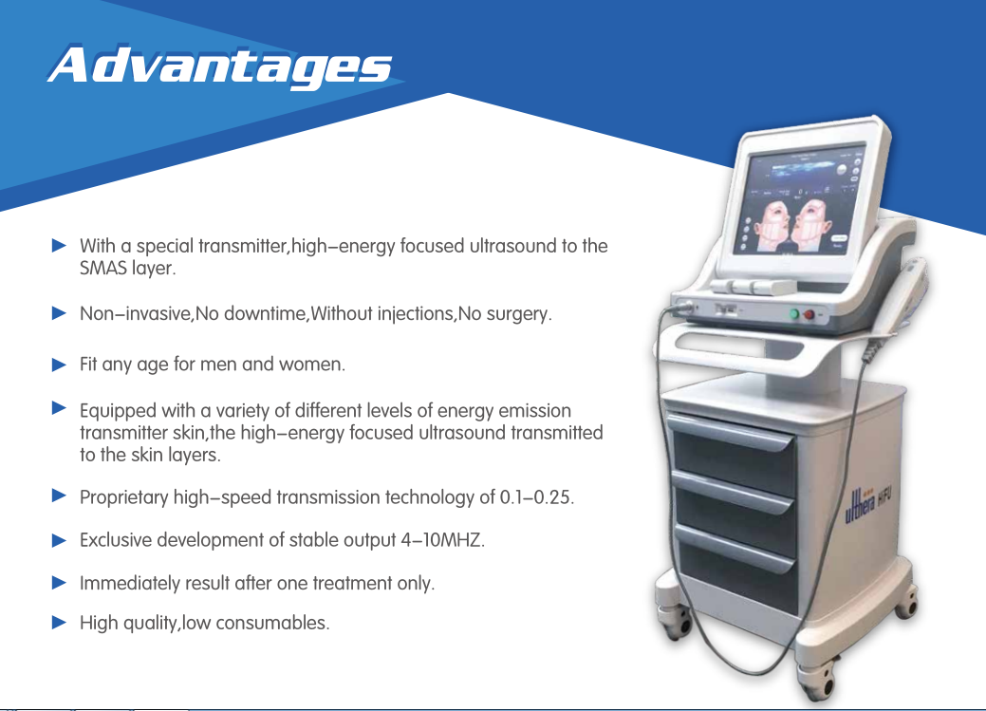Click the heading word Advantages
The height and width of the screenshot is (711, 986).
pos(219,65)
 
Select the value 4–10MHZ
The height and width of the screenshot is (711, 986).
pos(442,540)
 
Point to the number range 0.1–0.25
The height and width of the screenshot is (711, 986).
pos(536,497)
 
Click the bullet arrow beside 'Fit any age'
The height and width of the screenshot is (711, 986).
pos(59,365)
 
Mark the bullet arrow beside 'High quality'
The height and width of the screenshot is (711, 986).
pos(59,623)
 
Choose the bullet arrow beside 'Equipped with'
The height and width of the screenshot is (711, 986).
pos(59,408)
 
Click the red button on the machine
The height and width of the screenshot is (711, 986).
pos(809,314)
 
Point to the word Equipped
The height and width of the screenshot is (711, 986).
pos(119,411)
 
